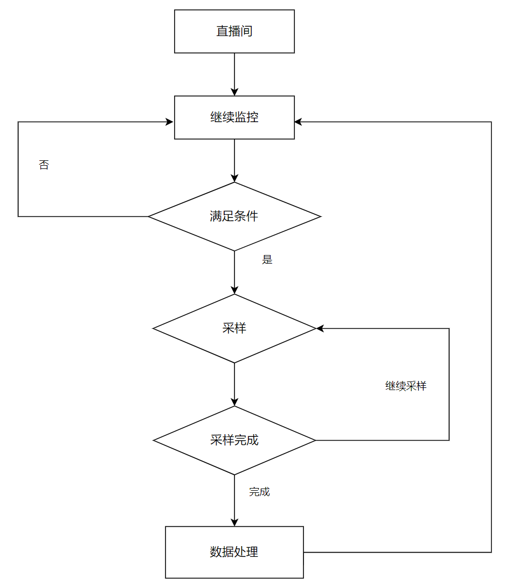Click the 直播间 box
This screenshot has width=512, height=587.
(x=234, y=31)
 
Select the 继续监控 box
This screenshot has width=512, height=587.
(x=234, y=117)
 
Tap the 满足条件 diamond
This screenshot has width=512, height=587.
(x=234, y=216)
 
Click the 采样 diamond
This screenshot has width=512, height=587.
(x=234, y=328)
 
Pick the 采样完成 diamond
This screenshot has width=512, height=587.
(x=234, y=440)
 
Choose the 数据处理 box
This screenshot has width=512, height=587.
(x=234, y=552)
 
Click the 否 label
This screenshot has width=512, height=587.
(x=44, y=165)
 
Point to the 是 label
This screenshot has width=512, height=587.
(x=267, y=260)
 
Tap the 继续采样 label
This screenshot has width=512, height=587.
(x=406, y=386)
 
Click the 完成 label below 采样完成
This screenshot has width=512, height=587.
(x=259, y=492)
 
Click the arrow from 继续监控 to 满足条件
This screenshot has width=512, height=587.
(x=234, y=160)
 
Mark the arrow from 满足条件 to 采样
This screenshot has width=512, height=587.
(x=234, y=272)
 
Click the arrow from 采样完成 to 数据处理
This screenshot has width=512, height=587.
(x=234, y=500)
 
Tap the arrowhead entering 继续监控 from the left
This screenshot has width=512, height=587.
(x=170, y=122)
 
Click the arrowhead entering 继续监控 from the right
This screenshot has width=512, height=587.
(x=299, y=122)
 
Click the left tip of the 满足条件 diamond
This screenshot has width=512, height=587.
(x=149, y=216)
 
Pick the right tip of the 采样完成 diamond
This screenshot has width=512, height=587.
(x=315, y=440)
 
